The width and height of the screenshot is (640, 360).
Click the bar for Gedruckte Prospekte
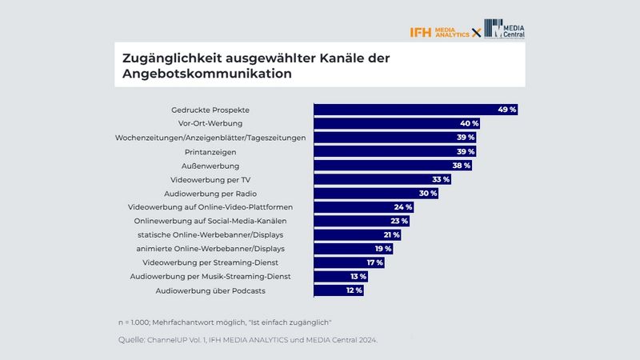point(415,110)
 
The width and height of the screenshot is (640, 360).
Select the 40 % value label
point(469,124)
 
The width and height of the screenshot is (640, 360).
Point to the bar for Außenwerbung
point(392,166)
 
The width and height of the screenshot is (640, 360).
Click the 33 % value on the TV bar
point(441,179)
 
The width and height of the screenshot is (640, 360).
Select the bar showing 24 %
point(363,207)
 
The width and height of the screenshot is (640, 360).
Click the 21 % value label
point(390,234)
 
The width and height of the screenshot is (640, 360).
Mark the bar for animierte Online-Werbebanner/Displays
point(353,249)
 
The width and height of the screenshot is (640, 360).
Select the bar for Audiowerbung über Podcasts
point(338,290)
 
